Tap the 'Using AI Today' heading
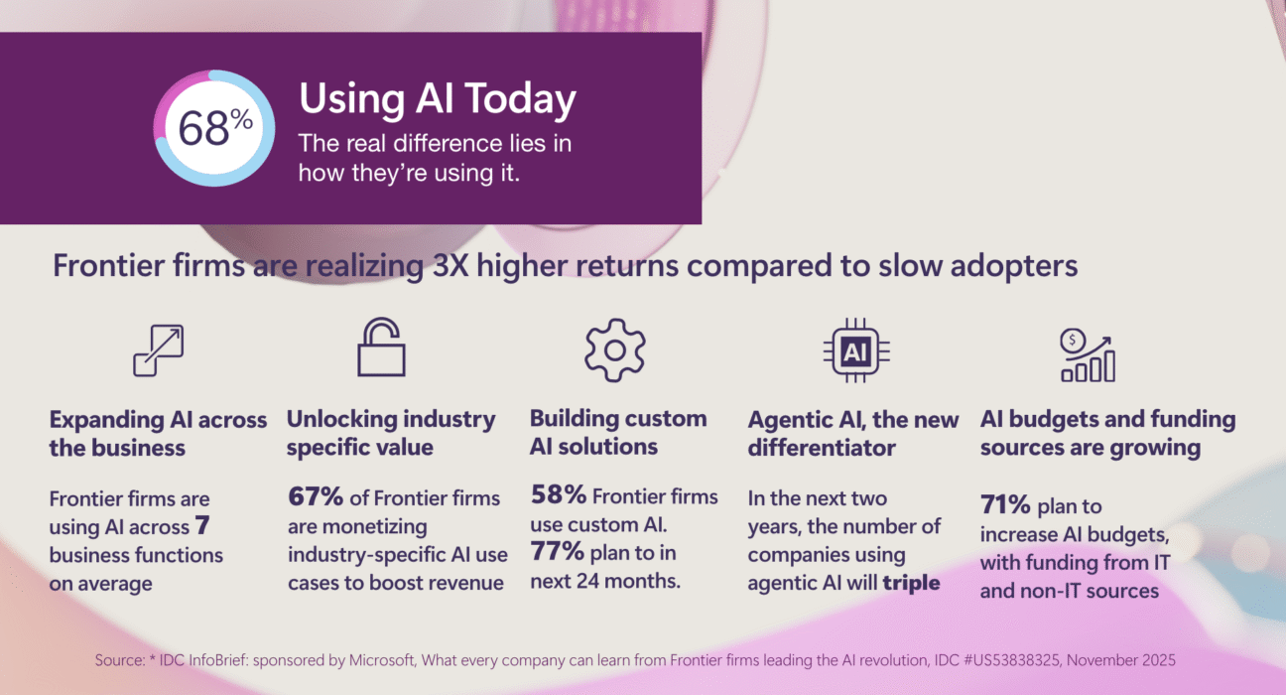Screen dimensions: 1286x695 point(438,100)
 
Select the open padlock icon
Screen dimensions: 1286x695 point(381,347)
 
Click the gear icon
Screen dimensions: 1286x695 point(615,349)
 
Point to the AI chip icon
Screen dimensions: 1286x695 point(856,350)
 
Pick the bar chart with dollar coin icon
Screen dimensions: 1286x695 point(1088,355)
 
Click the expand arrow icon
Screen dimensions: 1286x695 point(159,350)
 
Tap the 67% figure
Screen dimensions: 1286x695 point(316,496)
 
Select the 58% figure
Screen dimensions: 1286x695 point(558,494)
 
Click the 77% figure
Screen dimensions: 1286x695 point(557,551)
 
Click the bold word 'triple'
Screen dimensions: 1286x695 point(911,583)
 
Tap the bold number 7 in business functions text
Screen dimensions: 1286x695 point(202,525)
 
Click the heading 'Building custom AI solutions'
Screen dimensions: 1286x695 point(618,433)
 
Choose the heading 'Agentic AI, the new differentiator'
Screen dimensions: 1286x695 point(853,434)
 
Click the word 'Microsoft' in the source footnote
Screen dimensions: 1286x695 point(382,660)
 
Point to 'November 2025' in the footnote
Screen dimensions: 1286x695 point(1120,660)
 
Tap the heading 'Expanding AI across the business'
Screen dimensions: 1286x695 point(158,434)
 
